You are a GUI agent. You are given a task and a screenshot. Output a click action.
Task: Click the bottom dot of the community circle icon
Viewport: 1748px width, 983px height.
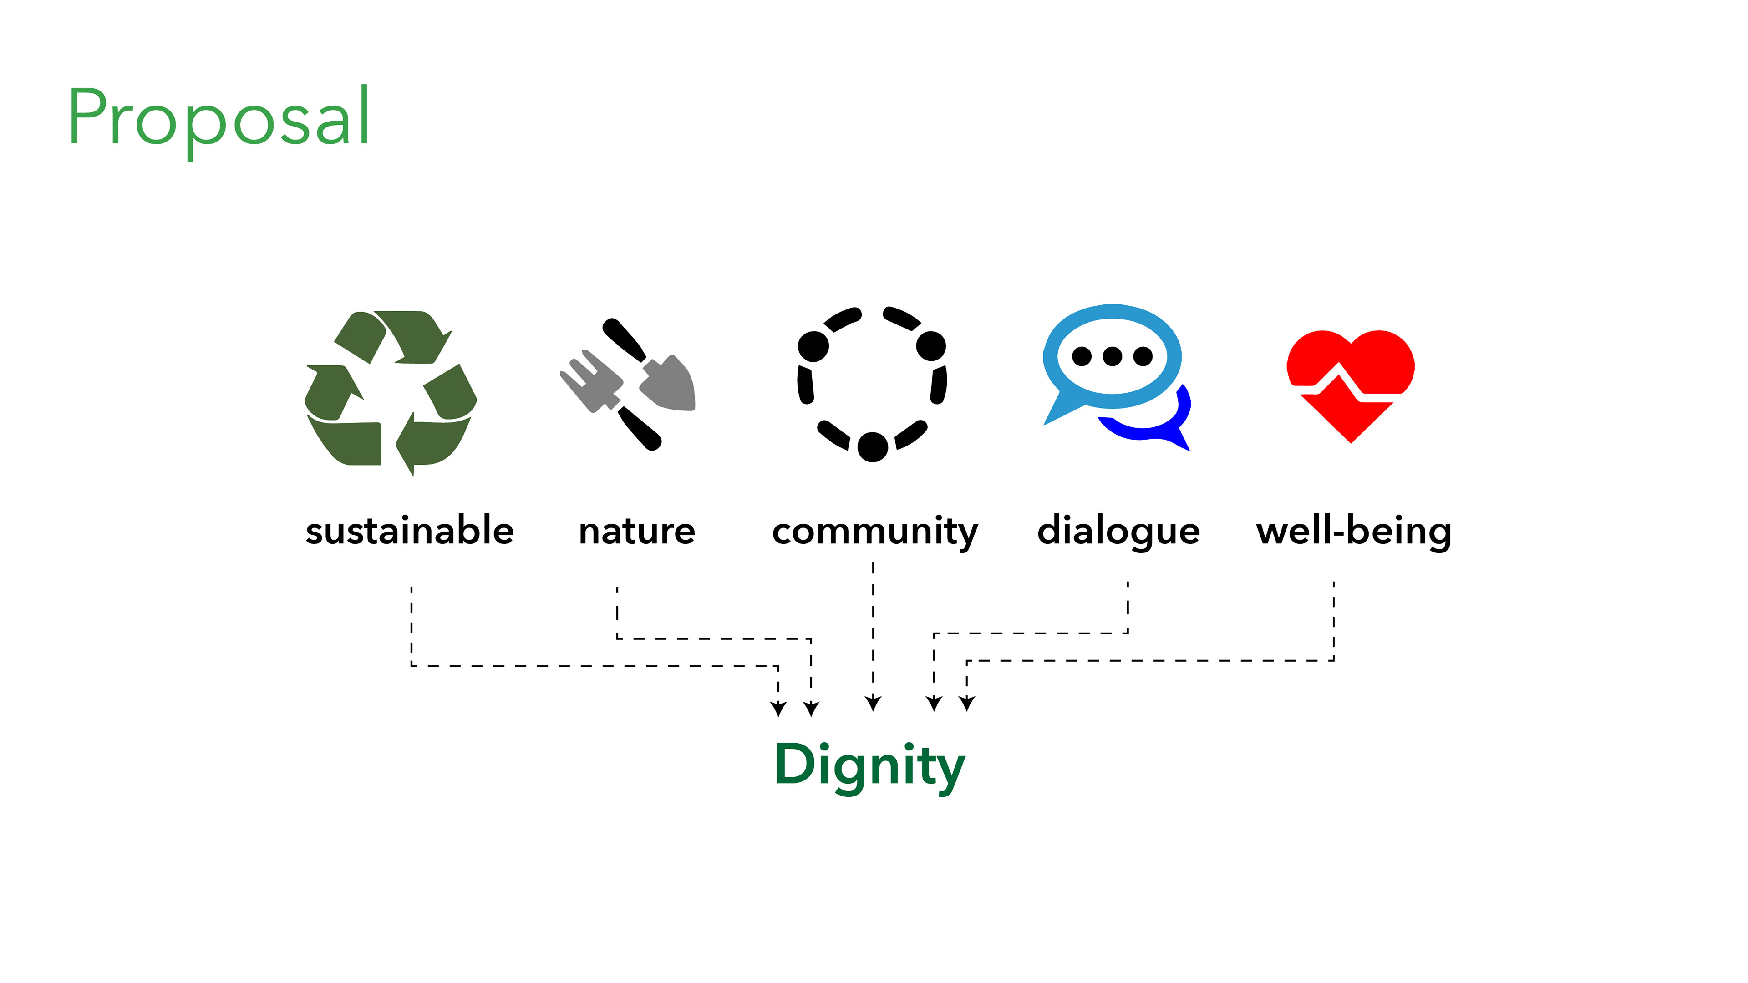pos(873,446)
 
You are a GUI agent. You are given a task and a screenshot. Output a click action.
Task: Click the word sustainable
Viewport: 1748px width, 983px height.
pos(410,531)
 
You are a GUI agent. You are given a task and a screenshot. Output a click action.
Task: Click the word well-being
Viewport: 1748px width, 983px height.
pos(1354,531)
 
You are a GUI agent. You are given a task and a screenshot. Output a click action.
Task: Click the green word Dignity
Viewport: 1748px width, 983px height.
pos(869,765)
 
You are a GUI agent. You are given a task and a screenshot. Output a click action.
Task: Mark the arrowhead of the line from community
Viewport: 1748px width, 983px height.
pos(874,704)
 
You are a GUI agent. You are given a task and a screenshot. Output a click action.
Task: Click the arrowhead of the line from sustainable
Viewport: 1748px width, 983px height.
pos(778,709)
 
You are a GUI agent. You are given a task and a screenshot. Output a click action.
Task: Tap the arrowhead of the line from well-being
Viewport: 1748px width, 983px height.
pos(967,704)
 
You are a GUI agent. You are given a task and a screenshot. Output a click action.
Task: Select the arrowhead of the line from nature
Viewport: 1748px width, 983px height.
pos(811,709)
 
